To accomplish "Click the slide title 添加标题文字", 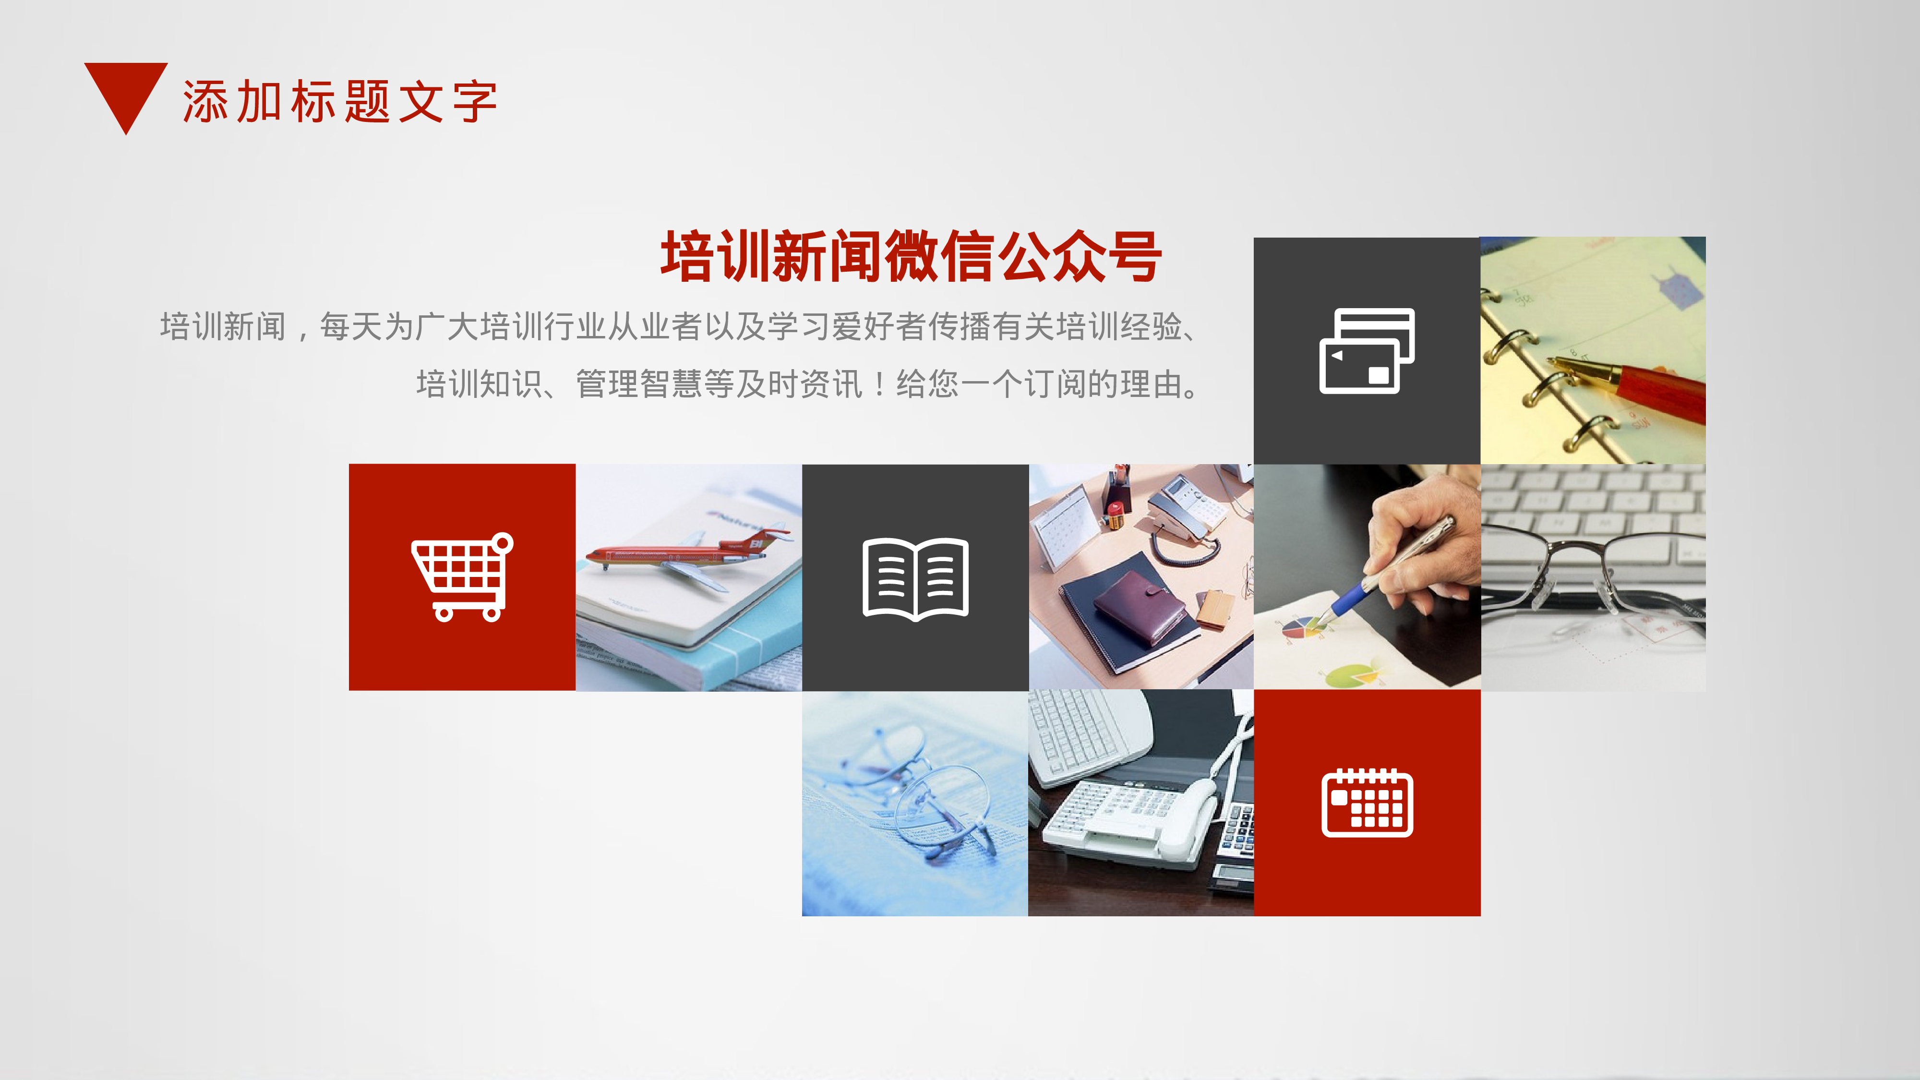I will point(340,102).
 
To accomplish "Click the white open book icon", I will point(915,578).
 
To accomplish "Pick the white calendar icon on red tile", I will point(1367,803).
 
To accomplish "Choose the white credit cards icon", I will point(1367,350).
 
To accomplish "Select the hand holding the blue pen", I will point(1416,544).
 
